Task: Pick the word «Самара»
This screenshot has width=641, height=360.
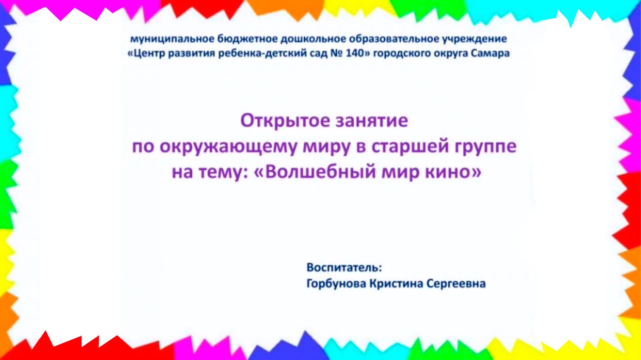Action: pos(491,54)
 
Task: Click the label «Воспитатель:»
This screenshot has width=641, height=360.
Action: pos(344,268)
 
